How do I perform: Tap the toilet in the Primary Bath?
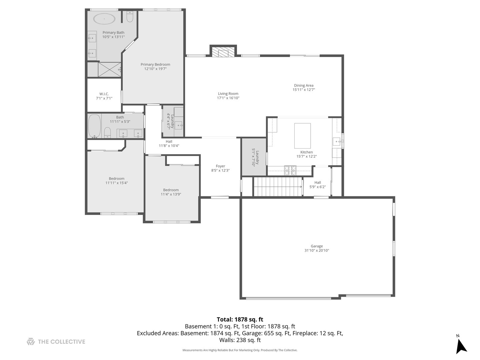[x=130, y=17]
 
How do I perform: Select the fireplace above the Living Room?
[x=223, y=52]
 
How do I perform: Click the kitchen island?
[x=302, y=136]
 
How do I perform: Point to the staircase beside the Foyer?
[x=277, y=187]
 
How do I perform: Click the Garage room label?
[x=317, y=246]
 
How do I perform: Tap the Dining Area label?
[x=303, y=85]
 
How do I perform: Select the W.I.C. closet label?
[x=104, y=94]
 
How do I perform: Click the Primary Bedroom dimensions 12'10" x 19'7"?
[x=155, y=69]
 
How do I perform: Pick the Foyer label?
[x=220, y=166]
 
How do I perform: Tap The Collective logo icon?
[x=31, y=342]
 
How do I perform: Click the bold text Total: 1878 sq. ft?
[x=240, y=319]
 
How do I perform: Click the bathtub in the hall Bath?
[x=94, y=126]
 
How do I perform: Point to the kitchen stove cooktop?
[x=290, y=170]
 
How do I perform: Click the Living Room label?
[x=228, y=94]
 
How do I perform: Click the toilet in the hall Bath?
[x=107, y=132]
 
